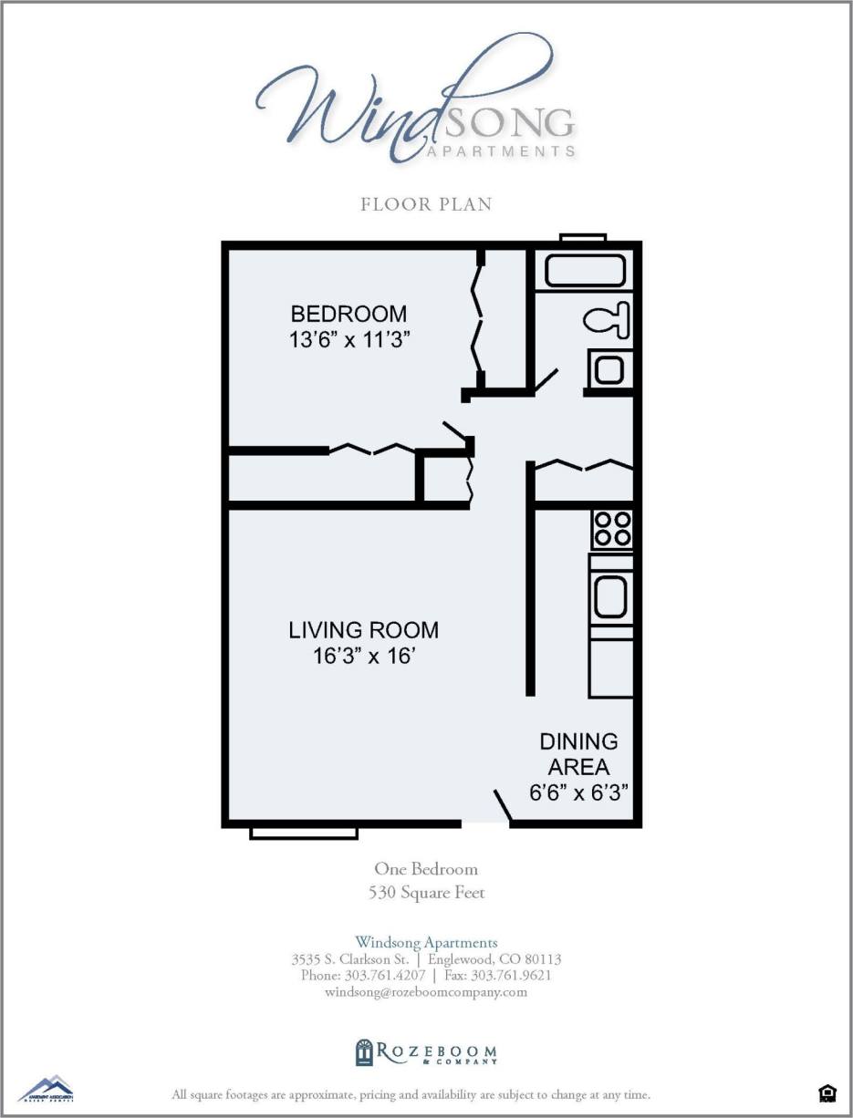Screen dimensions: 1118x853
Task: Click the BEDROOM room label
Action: click(x=348, y=314)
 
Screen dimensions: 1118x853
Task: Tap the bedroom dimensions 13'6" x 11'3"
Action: click(x=348, y=339)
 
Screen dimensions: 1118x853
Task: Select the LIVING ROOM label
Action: click(x=363, y=630)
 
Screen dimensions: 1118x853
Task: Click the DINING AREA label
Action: click(x=578, y=754)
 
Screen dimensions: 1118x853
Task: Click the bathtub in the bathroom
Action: click(x=585, y=272)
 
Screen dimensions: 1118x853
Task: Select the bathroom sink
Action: click(x=609, y=369)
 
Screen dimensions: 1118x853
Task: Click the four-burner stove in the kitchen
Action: click(x=611, y=528)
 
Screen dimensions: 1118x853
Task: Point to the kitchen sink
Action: click(x=609, y=597)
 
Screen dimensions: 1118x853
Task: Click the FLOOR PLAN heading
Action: click(x=426, y=204)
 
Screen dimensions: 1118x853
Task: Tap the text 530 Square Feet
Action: click(x=426, y=893)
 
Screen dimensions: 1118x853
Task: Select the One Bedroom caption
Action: click(x=426, y=869)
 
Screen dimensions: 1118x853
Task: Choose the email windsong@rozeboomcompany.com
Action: click(x=426, y=992)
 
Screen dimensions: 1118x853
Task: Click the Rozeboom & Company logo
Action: click(x=426, y=1053)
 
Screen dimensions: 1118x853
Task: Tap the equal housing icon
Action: click(x=827, y=1092)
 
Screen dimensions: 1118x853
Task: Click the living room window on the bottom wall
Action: click(x=304, y=832)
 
